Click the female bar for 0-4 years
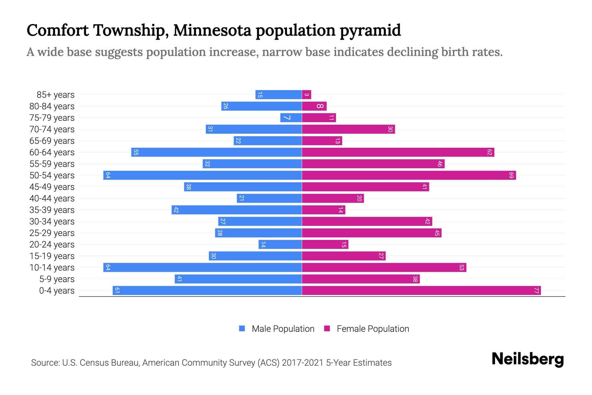click(421, 291)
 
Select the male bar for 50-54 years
click(203, 175)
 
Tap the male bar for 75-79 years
click(291, 118)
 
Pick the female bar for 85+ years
click(307, 95)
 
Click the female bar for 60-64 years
click(398, 152)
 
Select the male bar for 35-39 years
click(237, 210)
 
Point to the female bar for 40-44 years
click(333, 198)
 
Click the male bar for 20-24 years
click(280, 245)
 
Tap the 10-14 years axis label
click(52, 268)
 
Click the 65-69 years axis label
click(52, 141)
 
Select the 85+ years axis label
click(56, 95)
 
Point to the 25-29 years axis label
click(52, 233)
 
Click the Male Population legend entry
click(283, 329)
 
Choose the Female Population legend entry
click(373, 329)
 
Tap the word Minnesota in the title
click(212, 30)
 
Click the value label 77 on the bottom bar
click(536, 291)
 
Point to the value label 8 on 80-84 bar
click(320, 106)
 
